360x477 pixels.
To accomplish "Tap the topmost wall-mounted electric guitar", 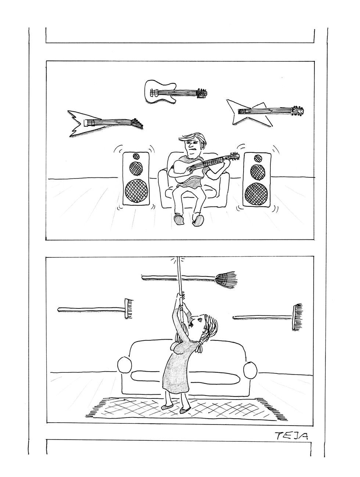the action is tap(172, 92).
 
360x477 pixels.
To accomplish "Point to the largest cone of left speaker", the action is tap(136, 191).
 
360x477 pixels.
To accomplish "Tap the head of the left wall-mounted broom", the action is tap(129, 308).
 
